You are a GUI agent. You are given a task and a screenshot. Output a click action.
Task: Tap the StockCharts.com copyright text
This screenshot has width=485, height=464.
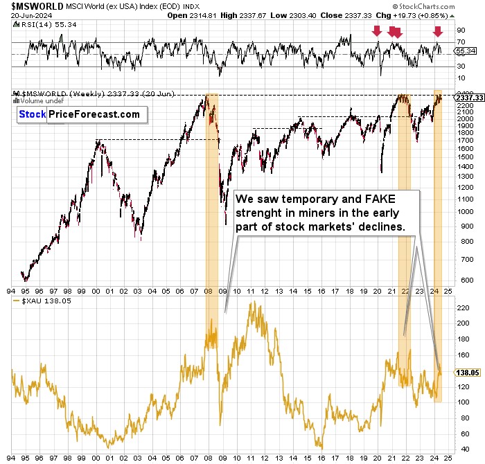(x=441, y=7)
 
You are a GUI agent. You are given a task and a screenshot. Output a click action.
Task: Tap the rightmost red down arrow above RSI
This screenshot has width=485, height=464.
(x=438, y=31)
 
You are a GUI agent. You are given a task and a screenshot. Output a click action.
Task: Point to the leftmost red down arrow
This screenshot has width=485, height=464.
(x=377, y=31)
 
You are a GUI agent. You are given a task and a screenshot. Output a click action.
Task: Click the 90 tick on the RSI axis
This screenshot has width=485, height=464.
(x=460, y=31)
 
